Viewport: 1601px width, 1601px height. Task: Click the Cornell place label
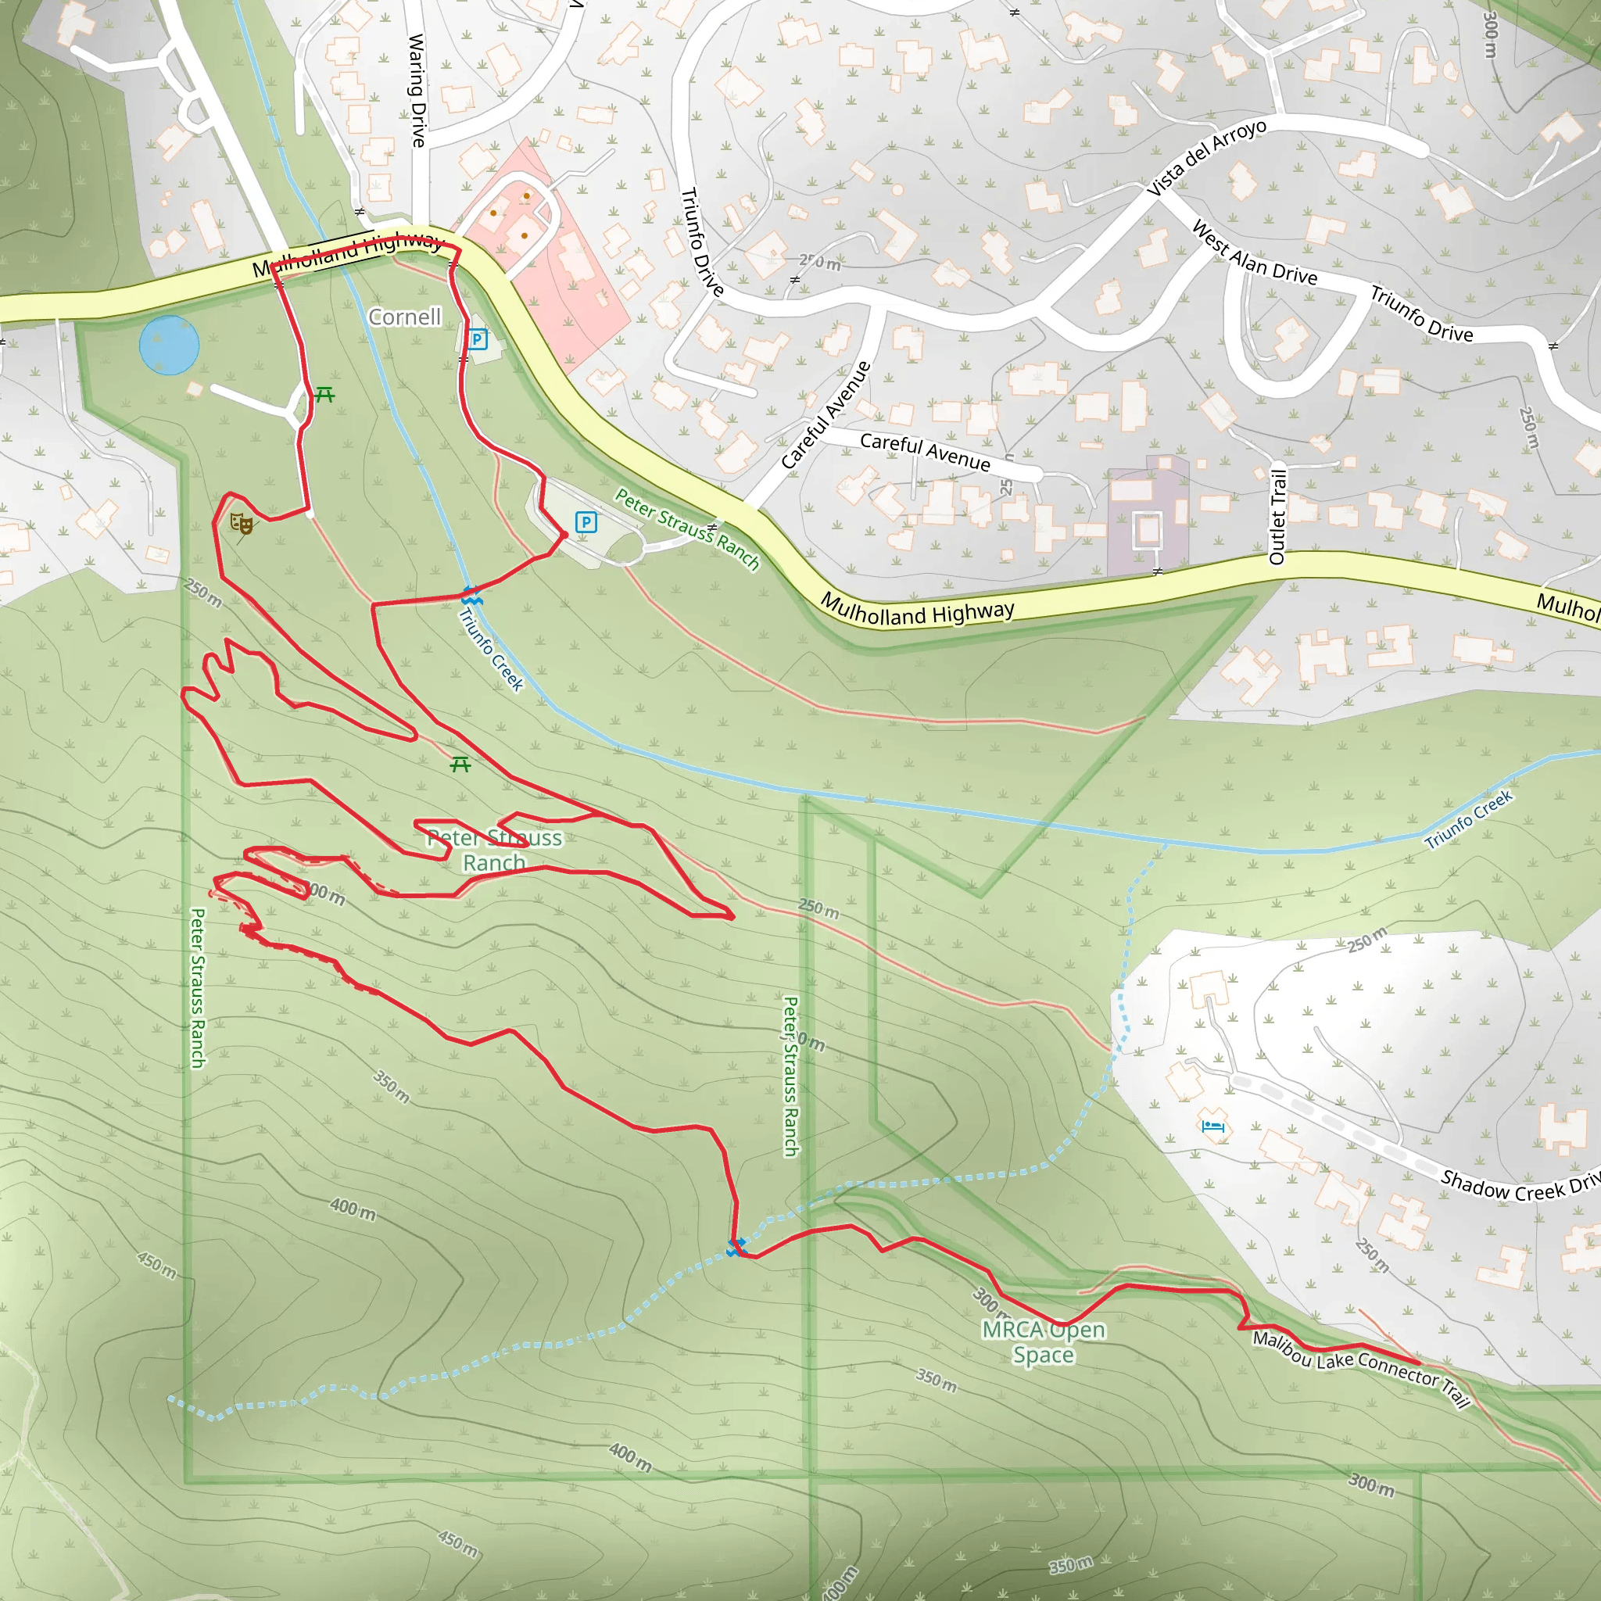[x=404, y=317]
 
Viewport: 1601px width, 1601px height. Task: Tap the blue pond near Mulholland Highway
[x=169, y=345]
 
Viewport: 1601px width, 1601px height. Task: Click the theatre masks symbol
[x=241, y=523]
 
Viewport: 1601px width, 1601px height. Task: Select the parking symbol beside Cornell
[x=477, y=339]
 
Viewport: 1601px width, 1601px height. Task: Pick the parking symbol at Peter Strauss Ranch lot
[x=586, y=522]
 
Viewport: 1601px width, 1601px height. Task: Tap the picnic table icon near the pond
[x=324, y=396]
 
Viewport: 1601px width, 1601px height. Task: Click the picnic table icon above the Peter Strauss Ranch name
[x=460, y=764]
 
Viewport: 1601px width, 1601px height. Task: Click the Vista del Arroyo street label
[x=1205, y=157]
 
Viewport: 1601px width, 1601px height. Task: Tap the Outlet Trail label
[x=1278, y=517]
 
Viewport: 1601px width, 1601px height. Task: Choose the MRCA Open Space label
[x=1044, y=1342]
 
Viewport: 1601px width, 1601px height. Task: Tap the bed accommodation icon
[x=1213, y=1126]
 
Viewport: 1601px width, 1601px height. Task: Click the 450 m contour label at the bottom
[x=458, y=1543]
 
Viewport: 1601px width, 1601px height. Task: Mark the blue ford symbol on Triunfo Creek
[x=471, y=595]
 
